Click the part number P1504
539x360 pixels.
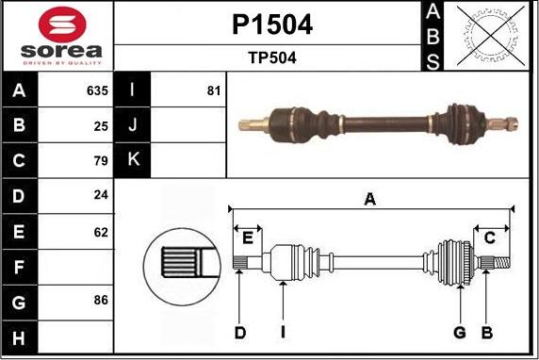click(x=271, y=25)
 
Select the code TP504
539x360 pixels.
click(x=271, y=57)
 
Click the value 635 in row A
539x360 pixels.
click(x=97, y=91)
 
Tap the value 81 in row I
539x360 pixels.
click(x=213, y=91)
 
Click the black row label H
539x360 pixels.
click(x=20, y=335)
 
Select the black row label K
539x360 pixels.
click(x=132, y=160)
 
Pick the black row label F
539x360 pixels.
click(x=20, y=266)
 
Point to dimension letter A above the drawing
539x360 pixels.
click(x=370, y=198)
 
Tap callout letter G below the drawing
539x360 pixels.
click(x=460, y=331)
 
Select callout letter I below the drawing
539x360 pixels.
click(x=282, y=331)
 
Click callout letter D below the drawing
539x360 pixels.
click(x=240, y=331)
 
